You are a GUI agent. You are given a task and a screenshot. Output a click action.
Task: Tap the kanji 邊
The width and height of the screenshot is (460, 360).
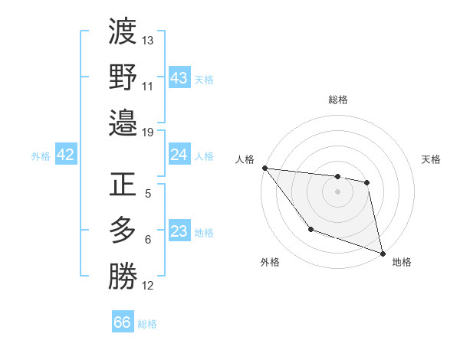point(123,123)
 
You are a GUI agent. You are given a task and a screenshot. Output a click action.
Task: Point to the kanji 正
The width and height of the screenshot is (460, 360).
point(123,185)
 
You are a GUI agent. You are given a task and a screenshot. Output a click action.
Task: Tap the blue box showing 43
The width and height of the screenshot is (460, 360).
point(179,78)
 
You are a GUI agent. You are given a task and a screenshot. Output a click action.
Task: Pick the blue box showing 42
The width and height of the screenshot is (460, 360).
point(66,155)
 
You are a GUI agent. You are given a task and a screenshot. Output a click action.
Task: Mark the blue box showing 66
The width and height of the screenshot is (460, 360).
point(123,322)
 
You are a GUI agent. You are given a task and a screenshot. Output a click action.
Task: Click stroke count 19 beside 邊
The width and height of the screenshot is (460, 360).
point(147,132)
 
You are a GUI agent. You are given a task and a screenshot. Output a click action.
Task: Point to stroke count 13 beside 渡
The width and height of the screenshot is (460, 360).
point(148,40)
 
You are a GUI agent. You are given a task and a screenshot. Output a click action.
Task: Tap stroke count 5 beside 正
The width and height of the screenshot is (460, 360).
point(147,194)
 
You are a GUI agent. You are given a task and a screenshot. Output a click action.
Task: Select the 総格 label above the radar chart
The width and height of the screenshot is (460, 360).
point(338,100)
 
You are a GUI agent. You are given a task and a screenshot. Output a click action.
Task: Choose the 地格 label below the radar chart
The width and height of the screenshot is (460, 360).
point(402,262)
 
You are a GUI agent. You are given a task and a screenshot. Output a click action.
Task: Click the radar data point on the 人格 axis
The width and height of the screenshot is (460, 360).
point(264,168)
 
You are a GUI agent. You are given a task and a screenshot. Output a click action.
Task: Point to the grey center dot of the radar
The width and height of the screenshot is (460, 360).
point(337,191)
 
